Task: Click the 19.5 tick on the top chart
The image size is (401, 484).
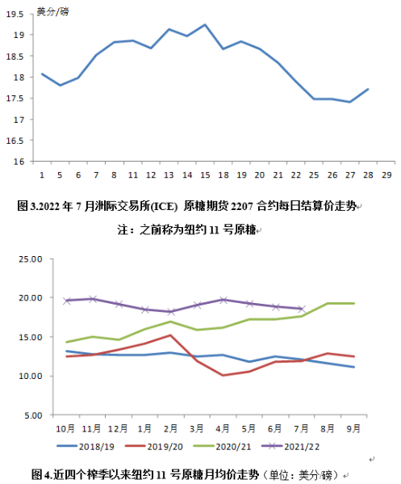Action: tap(15, 15)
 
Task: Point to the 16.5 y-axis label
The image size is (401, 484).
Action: tap(15, 141)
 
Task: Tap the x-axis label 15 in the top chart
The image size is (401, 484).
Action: tap(205, 175)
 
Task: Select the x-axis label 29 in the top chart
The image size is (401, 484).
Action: tap(386, 175)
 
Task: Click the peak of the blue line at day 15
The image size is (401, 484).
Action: tap(205, 24)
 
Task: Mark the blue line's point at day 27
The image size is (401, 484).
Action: tap(350, 102)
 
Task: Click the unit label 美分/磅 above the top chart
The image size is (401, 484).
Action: tap(52, 12)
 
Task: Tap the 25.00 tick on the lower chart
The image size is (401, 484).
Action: tap(30, 259)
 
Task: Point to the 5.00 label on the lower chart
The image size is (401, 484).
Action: tap(33, 415)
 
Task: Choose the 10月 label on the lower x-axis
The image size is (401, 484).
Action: tap(65, 428)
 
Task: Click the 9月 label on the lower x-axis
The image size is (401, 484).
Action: tap(353, 428)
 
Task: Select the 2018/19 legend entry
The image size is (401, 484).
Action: tap(86, 447)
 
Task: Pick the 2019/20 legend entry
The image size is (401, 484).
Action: tap(154, 447)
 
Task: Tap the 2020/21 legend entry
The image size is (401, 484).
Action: tap(222, 447)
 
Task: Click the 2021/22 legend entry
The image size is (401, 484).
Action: tap(290, 447)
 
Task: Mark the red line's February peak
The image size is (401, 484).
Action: tap(170, 335)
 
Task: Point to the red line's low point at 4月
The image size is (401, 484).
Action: tap(223, 376)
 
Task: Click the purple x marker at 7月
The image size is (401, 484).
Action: tap(302, 309)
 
